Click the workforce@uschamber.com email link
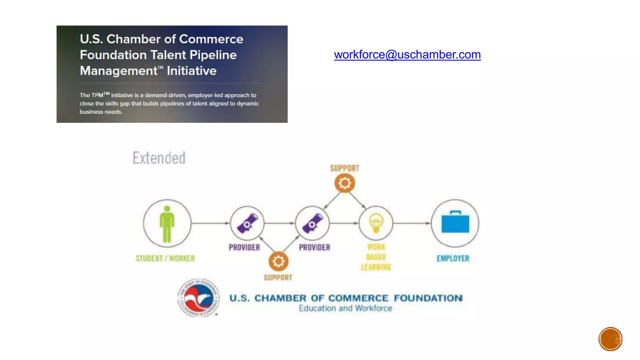(x=407, y=55)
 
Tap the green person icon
(x=167, y=224)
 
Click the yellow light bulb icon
(x=376, y=223)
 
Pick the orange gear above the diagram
(x=345, y=183)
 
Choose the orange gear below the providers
(x=278, y=261)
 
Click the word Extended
(x=159, y=158)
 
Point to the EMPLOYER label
(x=453, y=258)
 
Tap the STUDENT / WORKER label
(x=165, y=258)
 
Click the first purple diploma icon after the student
(x=247, y=223)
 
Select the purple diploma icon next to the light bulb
(x=312, y=223)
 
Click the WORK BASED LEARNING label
(x=376, y=257)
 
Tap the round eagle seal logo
(x=198, y=298)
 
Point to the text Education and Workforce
(x=345, y=308)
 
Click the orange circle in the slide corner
(x=610, y=339)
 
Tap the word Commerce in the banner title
(x=211, y=39)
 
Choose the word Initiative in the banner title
(x=192, y=71)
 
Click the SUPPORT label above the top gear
(x=345, y=168)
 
